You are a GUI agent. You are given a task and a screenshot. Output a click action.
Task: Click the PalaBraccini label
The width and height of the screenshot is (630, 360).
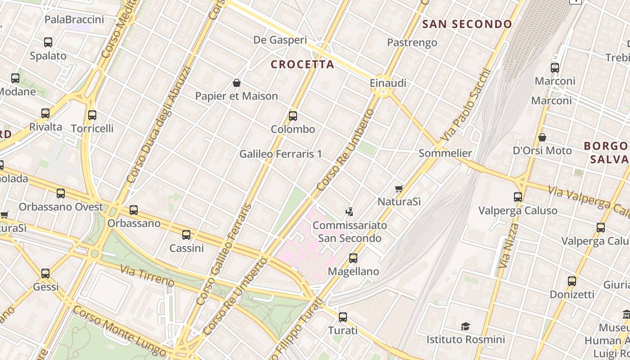click(74, 19)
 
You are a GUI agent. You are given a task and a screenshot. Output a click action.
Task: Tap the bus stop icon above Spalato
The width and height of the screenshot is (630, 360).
click(48, 42)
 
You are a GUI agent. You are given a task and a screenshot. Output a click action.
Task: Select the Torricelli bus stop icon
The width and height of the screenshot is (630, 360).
click(92, 115)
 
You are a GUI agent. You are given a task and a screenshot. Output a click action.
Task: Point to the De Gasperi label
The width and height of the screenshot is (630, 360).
click(280, 40)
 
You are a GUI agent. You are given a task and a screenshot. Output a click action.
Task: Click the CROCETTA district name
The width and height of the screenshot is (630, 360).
click(302, 64)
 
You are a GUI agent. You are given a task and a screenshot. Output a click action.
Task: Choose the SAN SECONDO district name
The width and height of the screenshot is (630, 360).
click(467, 24)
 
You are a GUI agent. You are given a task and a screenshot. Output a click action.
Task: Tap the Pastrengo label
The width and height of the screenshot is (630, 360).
click(412, 43)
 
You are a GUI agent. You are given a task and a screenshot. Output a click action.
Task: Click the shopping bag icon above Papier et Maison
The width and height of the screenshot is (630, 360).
click(237, 83)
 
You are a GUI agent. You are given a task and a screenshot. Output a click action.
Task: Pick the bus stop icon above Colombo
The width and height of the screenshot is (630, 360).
click(293, 116)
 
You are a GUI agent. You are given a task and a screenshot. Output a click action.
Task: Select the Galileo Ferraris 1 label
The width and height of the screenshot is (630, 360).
click(280, 154)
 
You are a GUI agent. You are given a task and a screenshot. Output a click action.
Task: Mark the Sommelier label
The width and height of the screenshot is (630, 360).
click(445, 153)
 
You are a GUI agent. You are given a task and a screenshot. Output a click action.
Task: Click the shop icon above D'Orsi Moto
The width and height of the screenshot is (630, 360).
click(542, 137)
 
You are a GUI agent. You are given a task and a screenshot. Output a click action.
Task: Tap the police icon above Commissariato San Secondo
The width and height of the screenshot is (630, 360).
click(349, 211)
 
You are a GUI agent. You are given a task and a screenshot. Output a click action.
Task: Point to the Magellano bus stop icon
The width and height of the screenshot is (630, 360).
click(353, 258)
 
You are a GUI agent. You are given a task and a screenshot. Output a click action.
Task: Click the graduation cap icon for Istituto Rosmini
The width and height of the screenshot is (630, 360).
click(466, 326)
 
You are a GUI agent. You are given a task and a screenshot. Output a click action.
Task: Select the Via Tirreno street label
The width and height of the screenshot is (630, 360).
click(147, 275)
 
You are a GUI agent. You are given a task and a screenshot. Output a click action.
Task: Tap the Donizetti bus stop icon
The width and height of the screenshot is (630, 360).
click(572, 281)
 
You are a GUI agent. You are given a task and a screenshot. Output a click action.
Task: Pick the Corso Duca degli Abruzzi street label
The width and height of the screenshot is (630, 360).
click(159, 125)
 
